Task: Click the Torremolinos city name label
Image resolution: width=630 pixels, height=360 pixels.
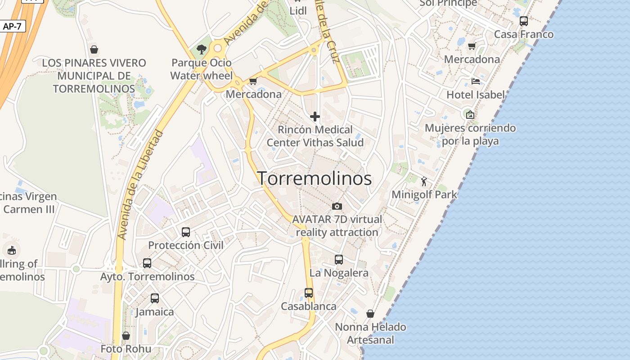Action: tap(314, 179)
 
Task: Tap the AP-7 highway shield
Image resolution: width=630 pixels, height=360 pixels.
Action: tap(12, 26)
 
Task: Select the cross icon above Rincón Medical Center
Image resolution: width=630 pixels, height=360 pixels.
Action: tap(315, 117)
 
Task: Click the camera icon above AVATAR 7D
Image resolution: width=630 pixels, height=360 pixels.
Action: tap(337, 206)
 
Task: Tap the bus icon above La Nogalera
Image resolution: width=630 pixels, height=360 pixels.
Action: tap(339, 260)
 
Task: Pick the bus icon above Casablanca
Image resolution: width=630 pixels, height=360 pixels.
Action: tap(309, 293)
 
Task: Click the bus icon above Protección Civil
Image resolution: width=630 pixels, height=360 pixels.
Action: tap(186, 232)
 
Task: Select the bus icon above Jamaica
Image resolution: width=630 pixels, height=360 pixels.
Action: tap(155, 298)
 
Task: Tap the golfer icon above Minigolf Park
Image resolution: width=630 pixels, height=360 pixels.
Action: tap(424, 181)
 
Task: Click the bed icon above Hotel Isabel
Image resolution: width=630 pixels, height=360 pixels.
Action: tap(476, 81)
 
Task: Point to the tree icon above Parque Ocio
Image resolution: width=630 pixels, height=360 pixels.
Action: tap(201, 49)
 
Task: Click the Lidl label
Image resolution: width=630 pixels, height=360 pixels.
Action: tap(298, 10)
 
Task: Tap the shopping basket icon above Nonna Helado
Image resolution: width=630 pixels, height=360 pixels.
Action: tap(370, 314)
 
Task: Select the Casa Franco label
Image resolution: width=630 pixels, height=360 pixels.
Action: tap(524, 34)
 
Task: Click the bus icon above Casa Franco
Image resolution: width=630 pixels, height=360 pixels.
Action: tap(524, 21)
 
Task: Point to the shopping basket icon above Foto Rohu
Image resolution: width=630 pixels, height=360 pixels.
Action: tap(126, 336)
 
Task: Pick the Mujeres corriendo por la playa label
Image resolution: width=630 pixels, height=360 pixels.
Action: tap(470, 134)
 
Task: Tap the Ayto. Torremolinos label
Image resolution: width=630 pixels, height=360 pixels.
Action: tap(147, 276)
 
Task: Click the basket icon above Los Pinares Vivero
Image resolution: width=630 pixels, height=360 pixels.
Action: tap(94, 49)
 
